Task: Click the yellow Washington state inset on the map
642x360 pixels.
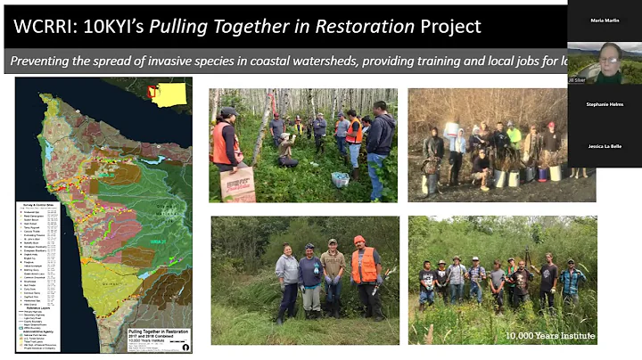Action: [167, 93]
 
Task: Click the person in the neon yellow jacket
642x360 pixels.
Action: [514, 137]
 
